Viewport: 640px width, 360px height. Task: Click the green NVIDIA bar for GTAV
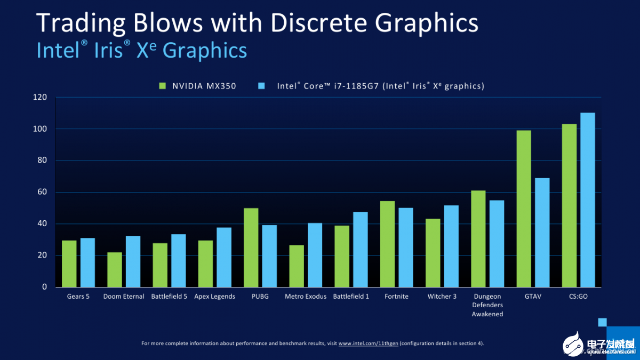pyautogui.click(x=524, y=209)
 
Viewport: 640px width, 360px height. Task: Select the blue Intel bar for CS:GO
pyautogui.click(x=587, y=199)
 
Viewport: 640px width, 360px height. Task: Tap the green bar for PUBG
pyautogui.click(x=251, y=247)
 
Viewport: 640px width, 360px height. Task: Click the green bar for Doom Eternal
pyautogui.click(x=115, y=269)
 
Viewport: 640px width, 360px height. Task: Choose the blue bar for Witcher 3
pyautogui.click(x=451, y=246)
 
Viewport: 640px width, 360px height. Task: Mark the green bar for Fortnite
pyautogui.click(x=387, y=244)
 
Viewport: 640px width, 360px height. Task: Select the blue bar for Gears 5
pyautogui.click(x=87, y=262)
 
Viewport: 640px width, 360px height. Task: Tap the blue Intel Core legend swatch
pyautogui.click(x=261, y=85)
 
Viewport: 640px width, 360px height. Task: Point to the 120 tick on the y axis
pyautogui.click(x=41, y=98)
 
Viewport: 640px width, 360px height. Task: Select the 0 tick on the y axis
pyautogui.click(x=45, y=287)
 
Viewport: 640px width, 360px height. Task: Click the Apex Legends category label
pyautogui.click(x=214, y=297)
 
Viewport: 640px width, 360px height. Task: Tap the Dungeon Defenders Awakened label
pyautogui.click(x=487, y=305)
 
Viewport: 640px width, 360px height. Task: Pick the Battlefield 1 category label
pyautogui.click(x=351, y=297)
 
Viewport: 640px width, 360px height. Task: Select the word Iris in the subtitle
pyautogui.click(x=113, y=50)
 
